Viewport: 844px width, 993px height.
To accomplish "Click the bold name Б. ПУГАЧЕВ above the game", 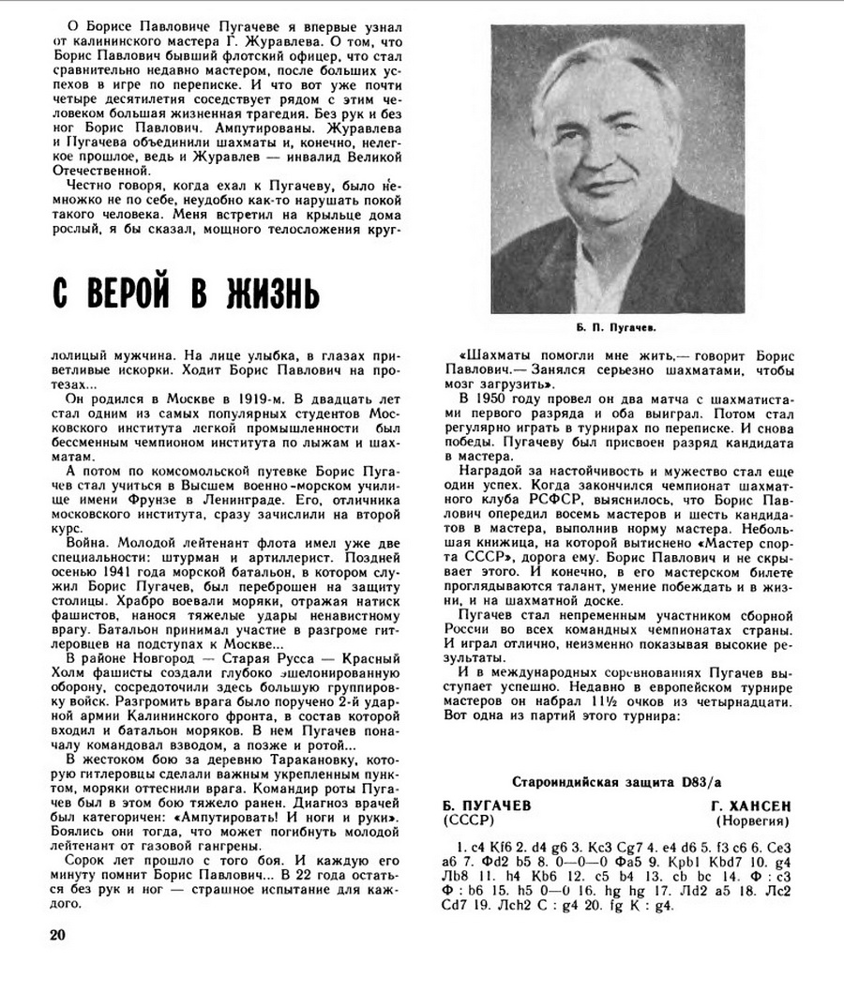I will (487, 806).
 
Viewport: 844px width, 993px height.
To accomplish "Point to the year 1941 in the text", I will (121, 567).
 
